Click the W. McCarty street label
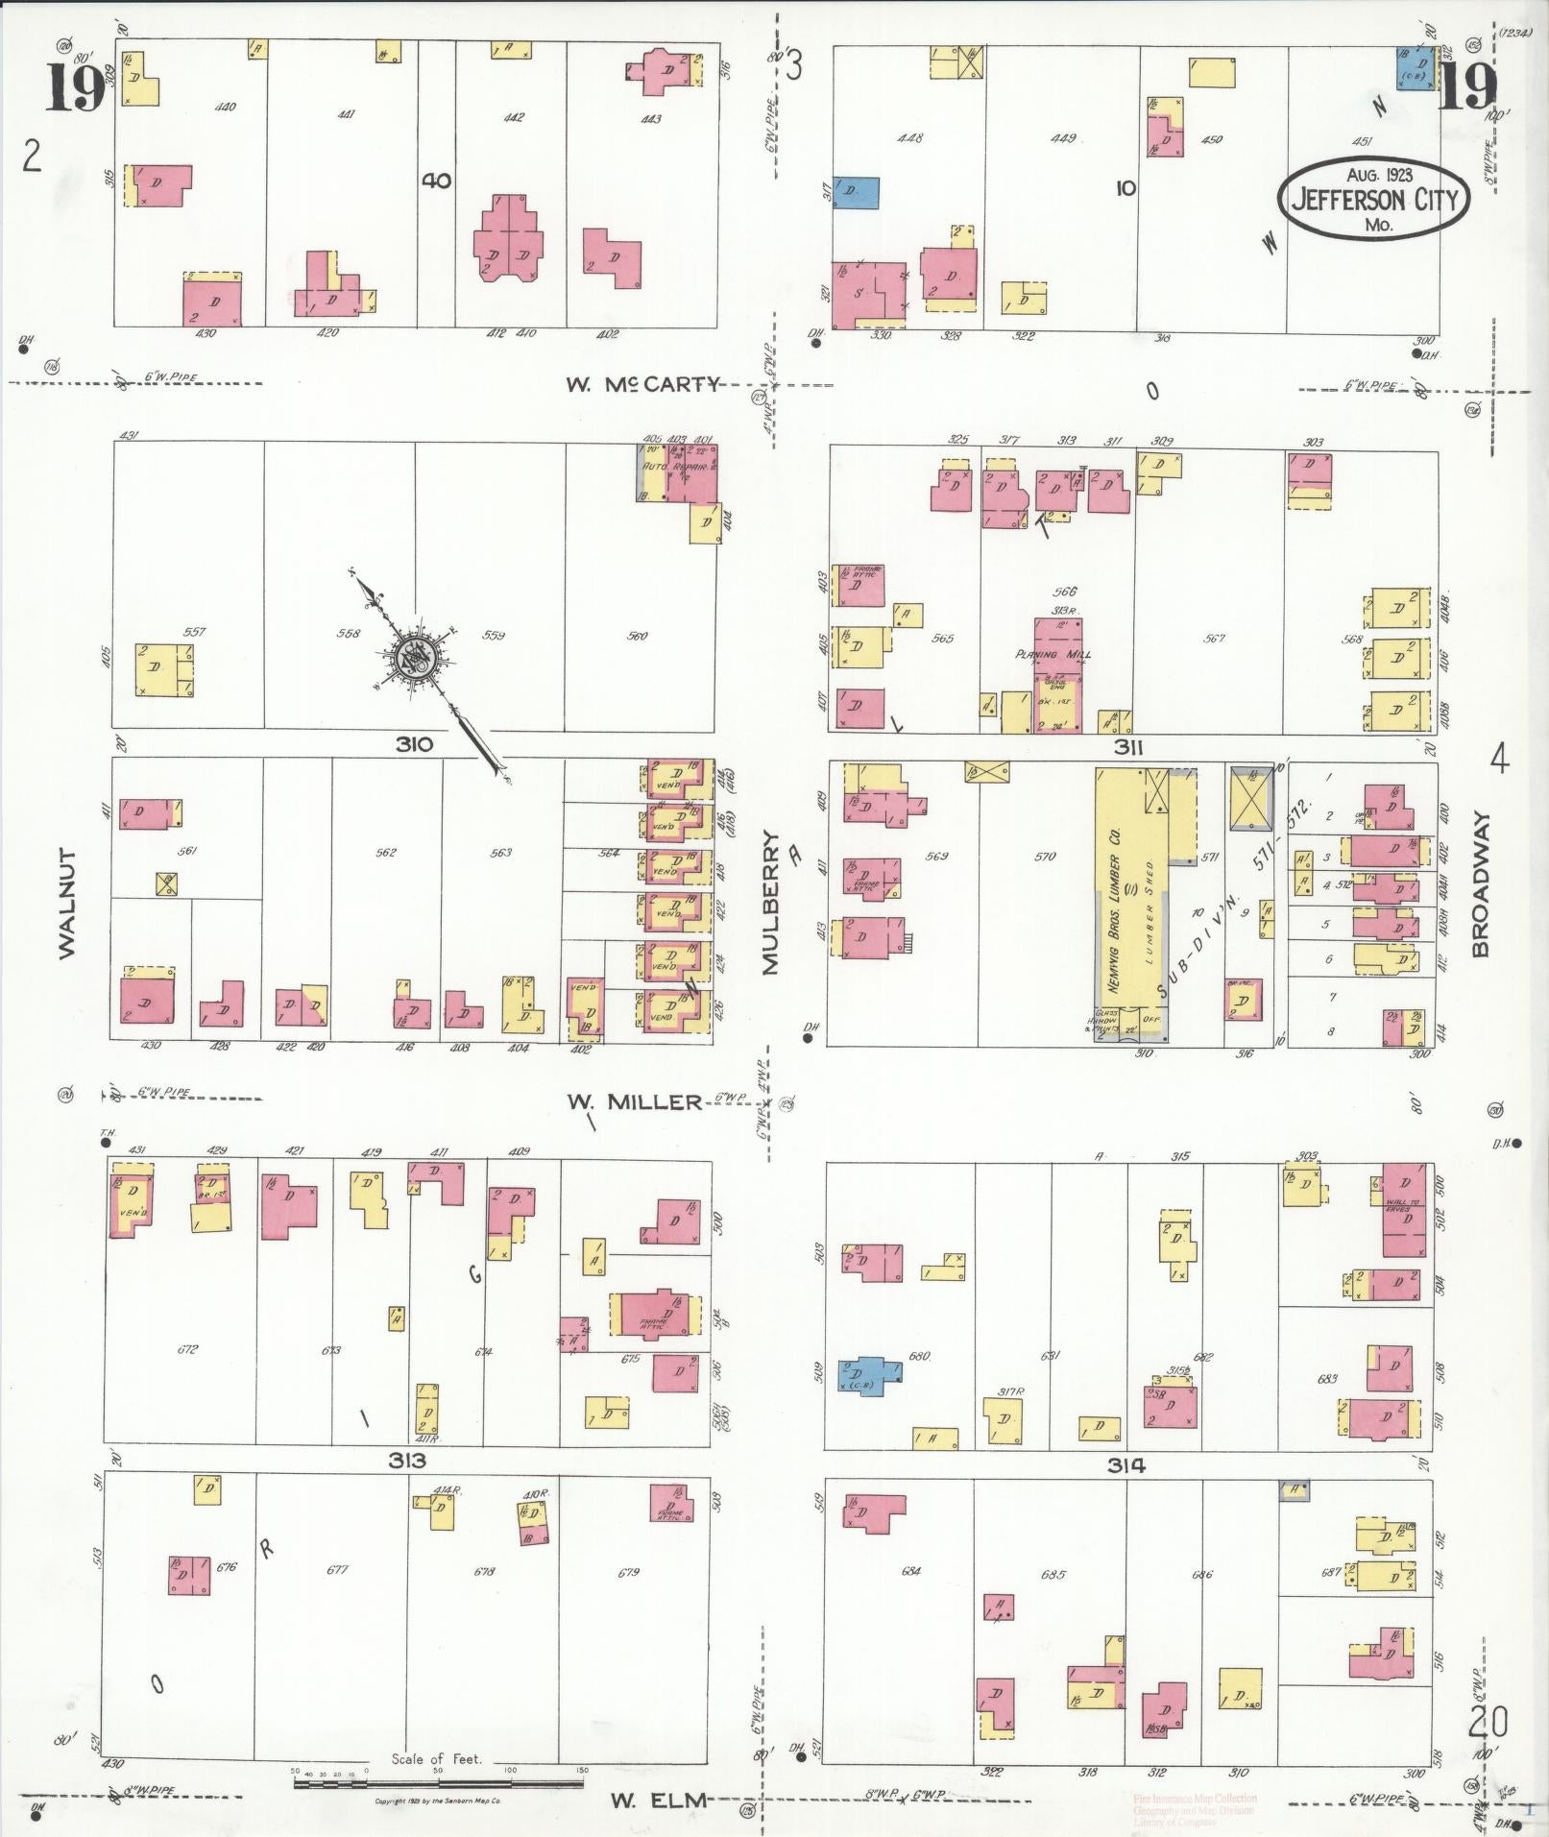pyautogui.click(x=641, y=384)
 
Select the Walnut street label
pyautogui.click(x=66, y=903)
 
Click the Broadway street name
pyautogui.click(x=1480, y=885)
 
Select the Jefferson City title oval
pyautogui.click(x=1373, y=200)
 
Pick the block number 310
pyautogui.click(x=412, y=743)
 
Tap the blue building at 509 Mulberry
pyautogui.click(x=869, y=1374)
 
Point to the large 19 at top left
pyautogui.click(x=73, y=91)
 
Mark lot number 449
pyautogui.click(x=1062, y=138)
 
